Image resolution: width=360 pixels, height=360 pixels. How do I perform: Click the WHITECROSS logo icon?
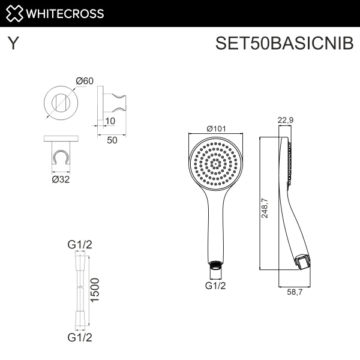click(14, 13)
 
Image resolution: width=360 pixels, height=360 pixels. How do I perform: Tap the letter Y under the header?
click(11, 44)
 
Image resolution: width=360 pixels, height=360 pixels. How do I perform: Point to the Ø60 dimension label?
click(85, 81)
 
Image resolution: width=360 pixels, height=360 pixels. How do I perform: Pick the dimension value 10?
click(110, 121)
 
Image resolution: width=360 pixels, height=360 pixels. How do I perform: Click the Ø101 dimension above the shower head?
click(215, 128)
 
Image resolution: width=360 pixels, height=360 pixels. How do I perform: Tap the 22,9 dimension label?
click(286, 120)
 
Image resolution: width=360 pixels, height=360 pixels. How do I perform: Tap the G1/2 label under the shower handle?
click(215, 286)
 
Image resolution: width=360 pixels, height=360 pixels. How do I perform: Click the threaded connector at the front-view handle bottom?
click(215, 264)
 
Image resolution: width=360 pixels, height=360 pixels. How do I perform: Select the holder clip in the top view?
click(59, 157)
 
